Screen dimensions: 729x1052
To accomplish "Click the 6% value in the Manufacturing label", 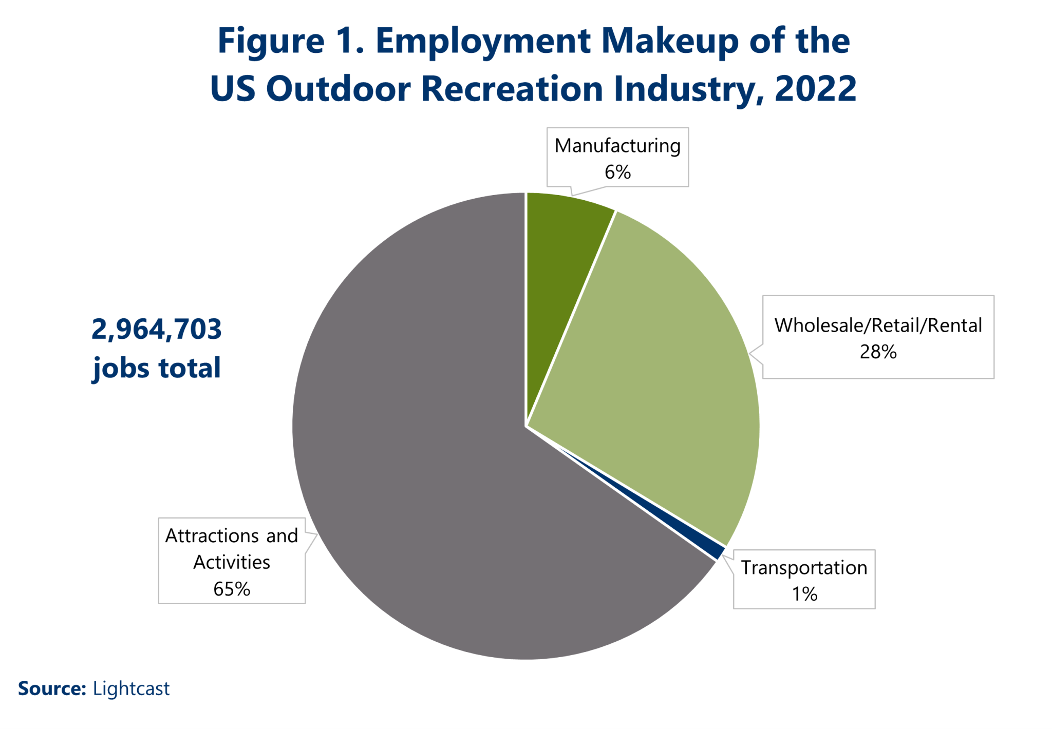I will tap(617, 172).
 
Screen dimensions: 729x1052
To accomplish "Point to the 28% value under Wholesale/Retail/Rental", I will tap(878, 352).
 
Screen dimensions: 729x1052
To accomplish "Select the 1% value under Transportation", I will tap(804, 594).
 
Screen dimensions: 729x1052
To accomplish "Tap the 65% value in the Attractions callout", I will tap(232, 589).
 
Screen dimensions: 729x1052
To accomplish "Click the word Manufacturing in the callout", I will tap(617, 146).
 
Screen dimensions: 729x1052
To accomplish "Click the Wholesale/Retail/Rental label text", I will tap(878, 326).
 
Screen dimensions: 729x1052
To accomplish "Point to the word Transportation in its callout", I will tap(804, 568).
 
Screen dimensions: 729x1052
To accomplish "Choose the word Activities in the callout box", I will tap(232, 563).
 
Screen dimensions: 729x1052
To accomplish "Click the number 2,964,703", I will tap(157, 330).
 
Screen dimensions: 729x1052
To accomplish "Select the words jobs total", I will tap(157, 369).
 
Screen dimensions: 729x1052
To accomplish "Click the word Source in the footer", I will tap(51, 689).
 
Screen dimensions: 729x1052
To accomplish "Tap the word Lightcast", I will tap(131, 689).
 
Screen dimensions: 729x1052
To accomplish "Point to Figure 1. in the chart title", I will tap(291, 41).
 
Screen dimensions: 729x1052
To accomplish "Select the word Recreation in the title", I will tap(512, 88).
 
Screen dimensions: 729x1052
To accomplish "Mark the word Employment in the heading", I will tap(483, 41).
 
